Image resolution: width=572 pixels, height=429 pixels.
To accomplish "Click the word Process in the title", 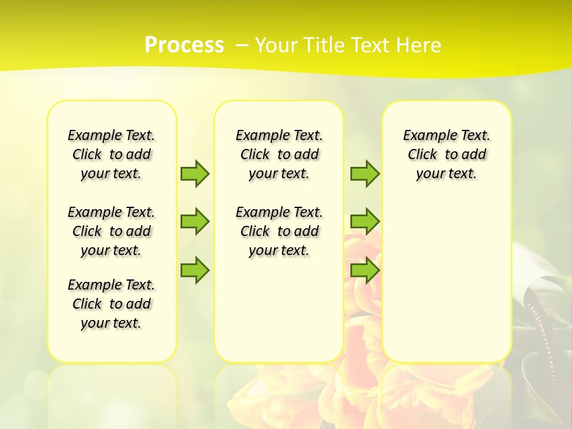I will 184,45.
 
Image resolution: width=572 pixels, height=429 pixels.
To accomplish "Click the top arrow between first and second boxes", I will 195,173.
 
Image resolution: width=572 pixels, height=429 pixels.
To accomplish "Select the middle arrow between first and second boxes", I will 195,222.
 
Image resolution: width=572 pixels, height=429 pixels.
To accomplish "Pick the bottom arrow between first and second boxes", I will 195,270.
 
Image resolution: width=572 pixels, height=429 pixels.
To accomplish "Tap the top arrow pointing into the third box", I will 365,173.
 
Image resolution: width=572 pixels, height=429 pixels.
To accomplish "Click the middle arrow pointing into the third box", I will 365,222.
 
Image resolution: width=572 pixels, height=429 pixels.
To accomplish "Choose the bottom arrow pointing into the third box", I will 365,270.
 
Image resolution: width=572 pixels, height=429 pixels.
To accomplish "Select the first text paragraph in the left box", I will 111,154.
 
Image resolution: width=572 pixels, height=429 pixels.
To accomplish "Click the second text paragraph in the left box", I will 111,231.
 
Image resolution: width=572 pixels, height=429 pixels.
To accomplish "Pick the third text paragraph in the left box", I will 111,304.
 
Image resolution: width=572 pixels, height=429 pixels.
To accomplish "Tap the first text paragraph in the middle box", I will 279,154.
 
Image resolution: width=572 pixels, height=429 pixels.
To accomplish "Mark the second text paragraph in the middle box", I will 279,231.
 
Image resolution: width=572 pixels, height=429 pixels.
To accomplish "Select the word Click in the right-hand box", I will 422,155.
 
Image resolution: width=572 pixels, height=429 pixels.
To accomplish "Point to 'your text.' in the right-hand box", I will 446,174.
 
